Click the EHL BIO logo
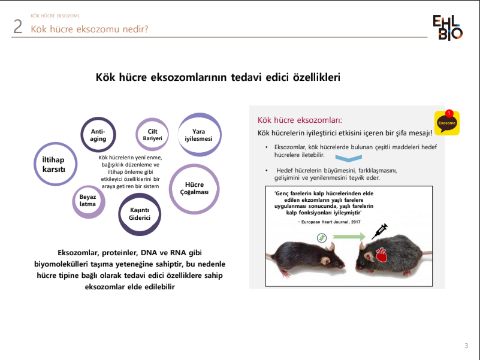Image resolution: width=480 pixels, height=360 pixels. [448, 28]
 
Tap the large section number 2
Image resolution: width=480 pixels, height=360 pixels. [18, 28]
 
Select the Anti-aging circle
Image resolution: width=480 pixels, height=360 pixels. [98, 134]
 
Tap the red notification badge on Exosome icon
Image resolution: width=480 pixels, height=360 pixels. [449, 113]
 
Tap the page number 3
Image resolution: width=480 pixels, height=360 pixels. [466, 346]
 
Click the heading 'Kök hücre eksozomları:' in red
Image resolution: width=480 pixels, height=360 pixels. [300, 119]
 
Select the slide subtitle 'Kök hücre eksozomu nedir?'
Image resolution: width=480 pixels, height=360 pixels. [90, 29]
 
